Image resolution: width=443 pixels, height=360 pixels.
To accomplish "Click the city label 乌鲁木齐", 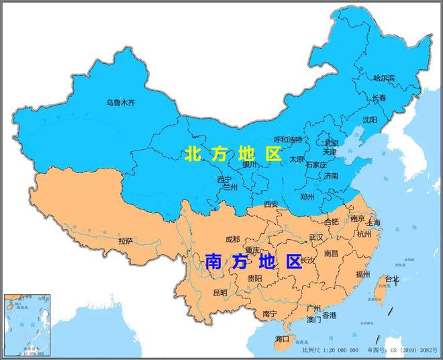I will (x=121, y=103).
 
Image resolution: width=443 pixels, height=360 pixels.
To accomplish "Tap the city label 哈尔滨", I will (x=385, y=78).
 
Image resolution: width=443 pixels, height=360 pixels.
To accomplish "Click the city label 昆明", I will (x=220, y=293).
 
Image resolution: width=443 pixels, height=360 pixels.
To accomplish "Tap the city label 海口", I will (x=282, y=339).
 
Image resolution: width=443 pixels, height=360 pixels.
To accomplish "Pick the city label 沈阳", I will (x=370, y=120).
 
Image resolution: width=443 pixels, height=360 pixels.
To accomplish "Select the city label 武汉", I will (x=315, y=237).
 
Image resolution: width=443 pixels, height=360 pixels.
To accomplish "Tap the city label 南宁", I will (x=270, y=314).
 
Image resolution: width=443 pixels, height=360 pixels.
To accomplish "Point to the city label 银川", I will (x=250, y=165).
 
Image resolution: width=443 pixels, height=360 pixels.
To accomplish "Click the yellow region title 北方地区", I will (x=232, y=154).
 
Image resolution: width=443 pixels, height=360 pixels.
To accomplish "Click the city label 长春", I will (x=379, y=98).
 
